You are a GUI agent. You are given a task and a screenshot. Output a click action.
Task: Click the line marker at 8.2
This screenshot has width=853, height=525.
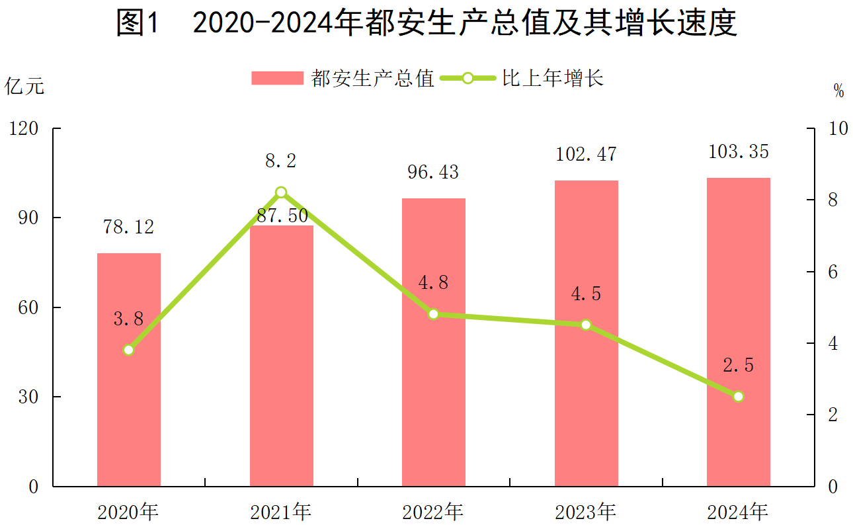point(281,192)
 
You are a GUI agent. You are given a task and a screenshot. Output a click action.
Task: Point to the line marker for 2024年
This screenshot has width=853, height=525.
point(739,397)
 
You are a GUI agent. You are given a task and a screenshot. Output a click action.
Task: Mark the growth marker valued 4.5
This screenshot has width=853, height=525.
point(586,325)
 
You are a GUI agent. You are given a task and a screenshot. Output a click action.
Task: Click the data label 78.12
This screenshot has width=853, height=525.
point(129,227)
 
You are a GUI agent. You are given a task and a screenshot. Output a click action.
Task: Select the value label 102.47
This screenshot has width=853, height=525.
point(586,155)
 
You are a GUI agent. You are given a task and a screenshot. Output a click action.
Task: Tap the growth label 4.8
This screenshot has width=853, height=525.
point(434,283)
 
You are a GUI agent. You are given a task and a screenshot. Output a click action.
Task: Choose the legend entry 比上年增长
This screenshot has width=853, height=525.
point(553,79)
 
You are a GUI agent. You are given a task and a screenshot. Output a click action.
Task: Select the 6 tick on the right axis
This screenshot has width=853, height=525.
point(833,272)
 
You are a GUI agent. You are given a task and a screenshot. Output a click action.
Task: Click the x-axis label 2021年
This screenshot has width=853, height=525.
point(281,511)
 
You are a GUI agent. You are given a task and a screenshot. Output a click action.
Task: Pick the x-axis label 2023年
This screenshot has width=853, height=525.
point(586,511)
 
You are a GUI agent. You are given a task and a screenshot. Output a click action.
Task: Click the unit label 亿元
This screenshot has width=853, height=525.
point(25,87)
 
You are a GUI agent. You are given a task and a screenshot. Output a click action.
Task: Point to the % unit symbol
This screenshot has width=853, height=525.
point(838,92)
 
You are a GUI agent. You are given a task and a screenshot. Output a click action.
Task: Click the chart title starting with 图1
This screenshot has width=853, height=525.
point(426,24)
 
